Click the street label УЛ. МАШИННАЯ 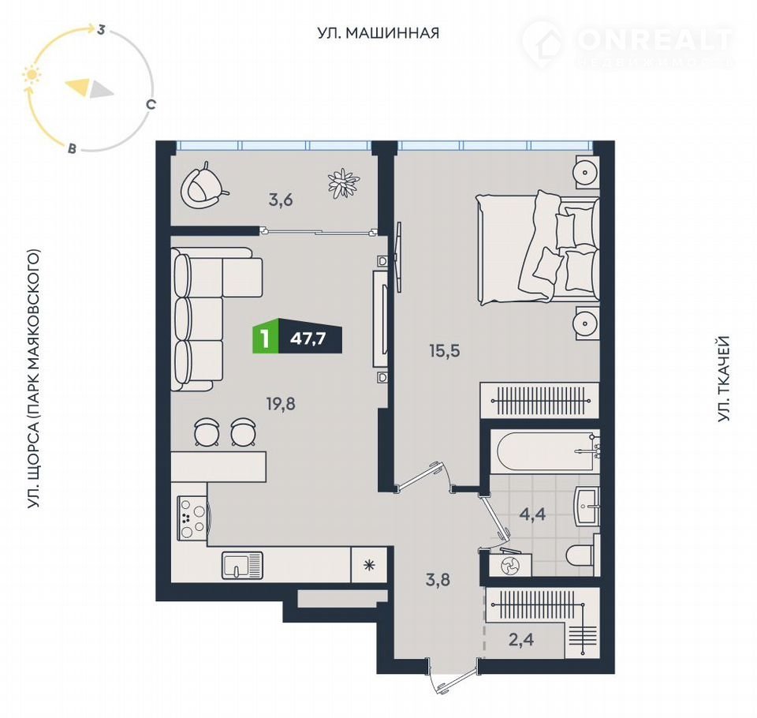(x=378, y=33)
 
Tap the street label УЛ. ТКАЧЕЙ (x=723, y=379)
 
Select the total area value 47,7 (x=308, y=338)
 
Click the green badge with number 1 (x=265, y=338)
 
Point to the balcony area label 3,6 (x=281, y=200)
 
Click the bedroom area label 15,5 (x=445, y=351)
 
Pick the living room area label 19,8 (x=281, y=403)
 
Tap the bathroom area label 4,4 (x=532, y=514)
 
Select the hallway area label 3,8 (x=438, y=579)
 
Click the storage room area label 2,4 (x=521, y=640)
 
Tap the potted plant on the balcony (x=344, y=182)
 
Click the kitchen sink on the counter (x=242, y=565)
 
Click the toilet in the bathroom (x=583, y=555)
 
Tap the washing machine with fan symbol (x=510, y=564)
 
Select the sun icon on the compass (x=32, y=76)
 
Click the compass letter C (x=151, y=104)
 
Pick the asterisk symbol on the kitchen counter (x=369, y=564)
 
